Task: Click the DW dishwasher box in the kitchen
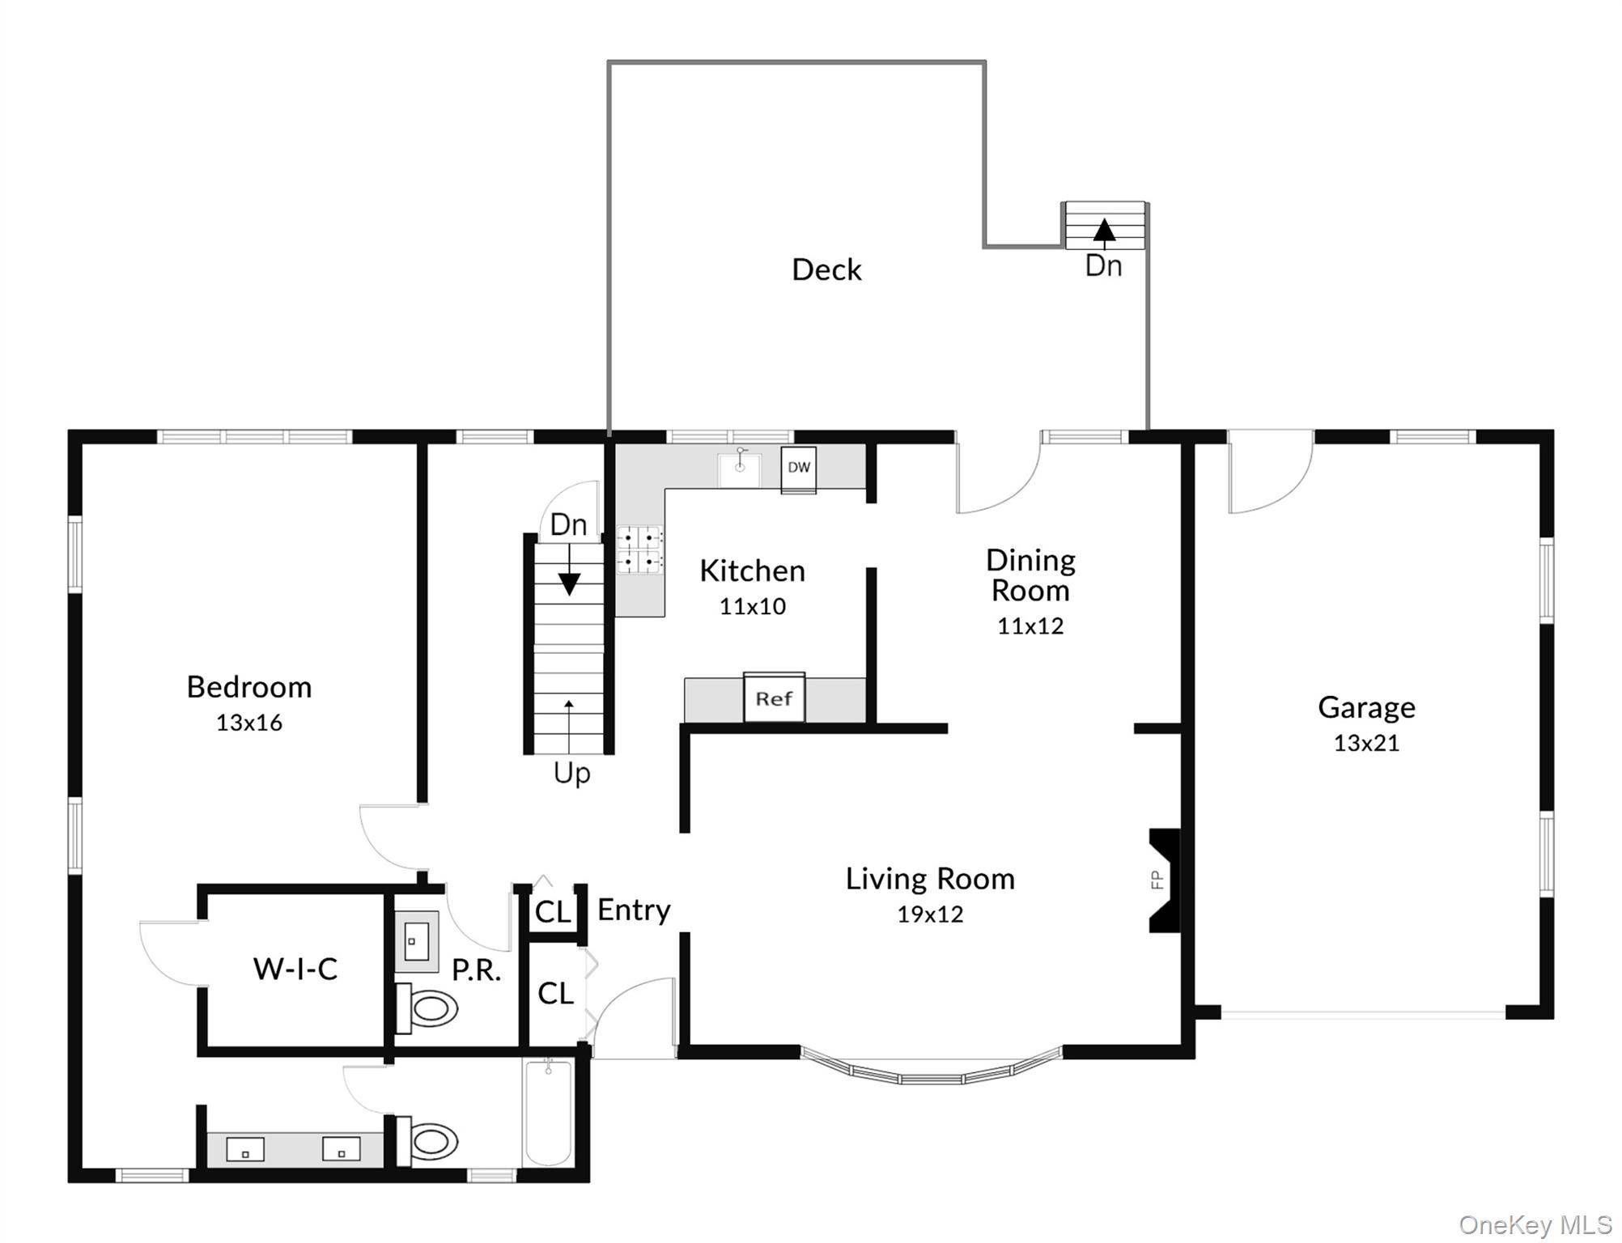click(x=799, y=469)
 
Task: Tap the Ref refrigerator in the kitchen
click(x=774, y=698)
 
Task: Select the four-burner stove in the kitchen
click(x=639, y=549)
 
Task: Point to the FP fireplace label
click(x=1157, y=879)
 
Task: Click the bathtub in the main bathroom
click(x=548, y=1113)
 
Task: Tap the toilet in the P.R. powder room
click(x=427, y=1008)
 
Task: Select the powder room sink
click(x=416, y=942)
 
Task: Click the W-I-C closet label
click(x=295, y=969)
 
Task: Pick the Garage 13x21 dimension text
click(x=1366, y=743)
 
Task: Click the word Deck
click(x=826, y=269)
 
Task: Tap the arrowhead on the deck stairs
click(x=1104, y=230)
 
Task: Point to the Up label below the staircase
click(x=571, y=774)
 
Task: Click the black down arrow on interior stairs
click(x=569, y=583)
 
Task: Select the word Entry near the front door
click(x=634, y=911)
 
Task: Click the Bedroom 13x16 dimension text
click(x=249, y=723)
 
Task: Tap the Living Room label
click(x=930, y=879)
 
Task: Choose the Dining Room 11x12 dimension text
click(x=1030, y=626)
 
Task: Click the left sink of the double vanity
click(x=245, y=1149)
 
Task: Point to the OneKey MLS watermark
click(x=1535, y=1225)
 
